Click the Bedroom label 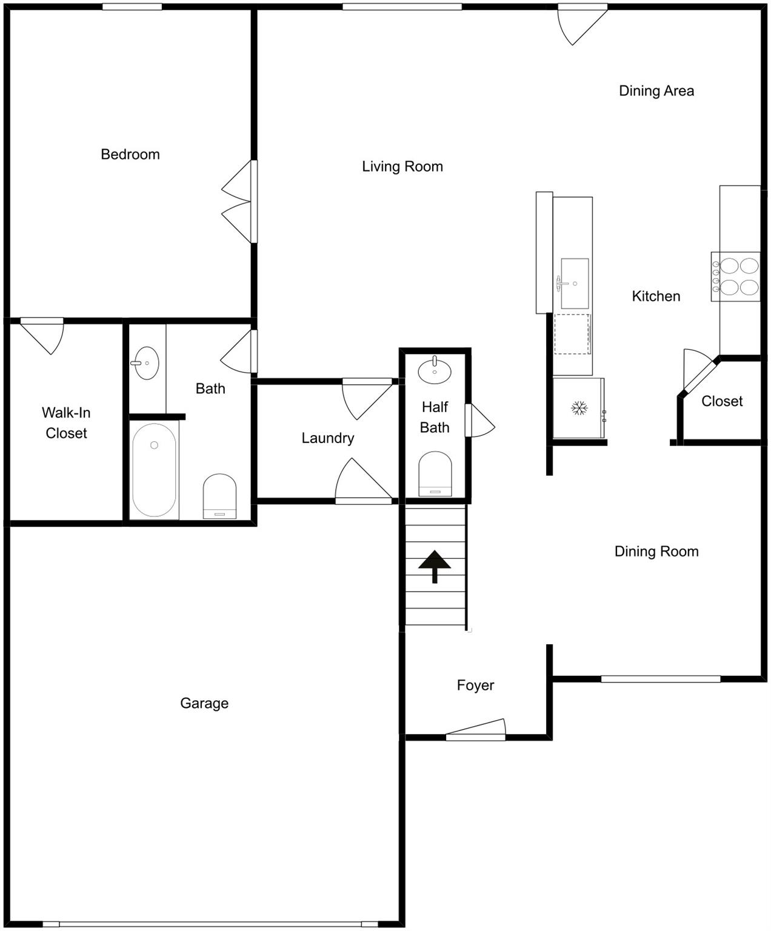[130, 155]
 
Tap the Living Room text [402, 166]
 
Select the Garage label [204, 703]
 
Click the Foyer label [475, 685]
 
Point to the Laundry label [328, 438]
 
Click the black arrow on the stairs [435, 566]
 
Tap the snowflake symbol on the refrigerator [579, 407]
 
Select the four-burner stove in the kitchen [735, 276]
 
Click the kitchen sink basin [575, 283]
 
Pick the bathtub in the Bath [154, 470]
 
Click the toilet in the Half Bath [435, 473]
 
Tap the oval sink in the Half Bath [435, 370]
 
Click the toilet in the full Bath [219, 496]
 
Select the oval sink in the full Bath [146, 363]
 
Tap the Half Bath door [480, 420]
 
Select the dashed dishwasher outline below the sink [572, 334]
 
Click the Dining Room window [661, 679]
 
